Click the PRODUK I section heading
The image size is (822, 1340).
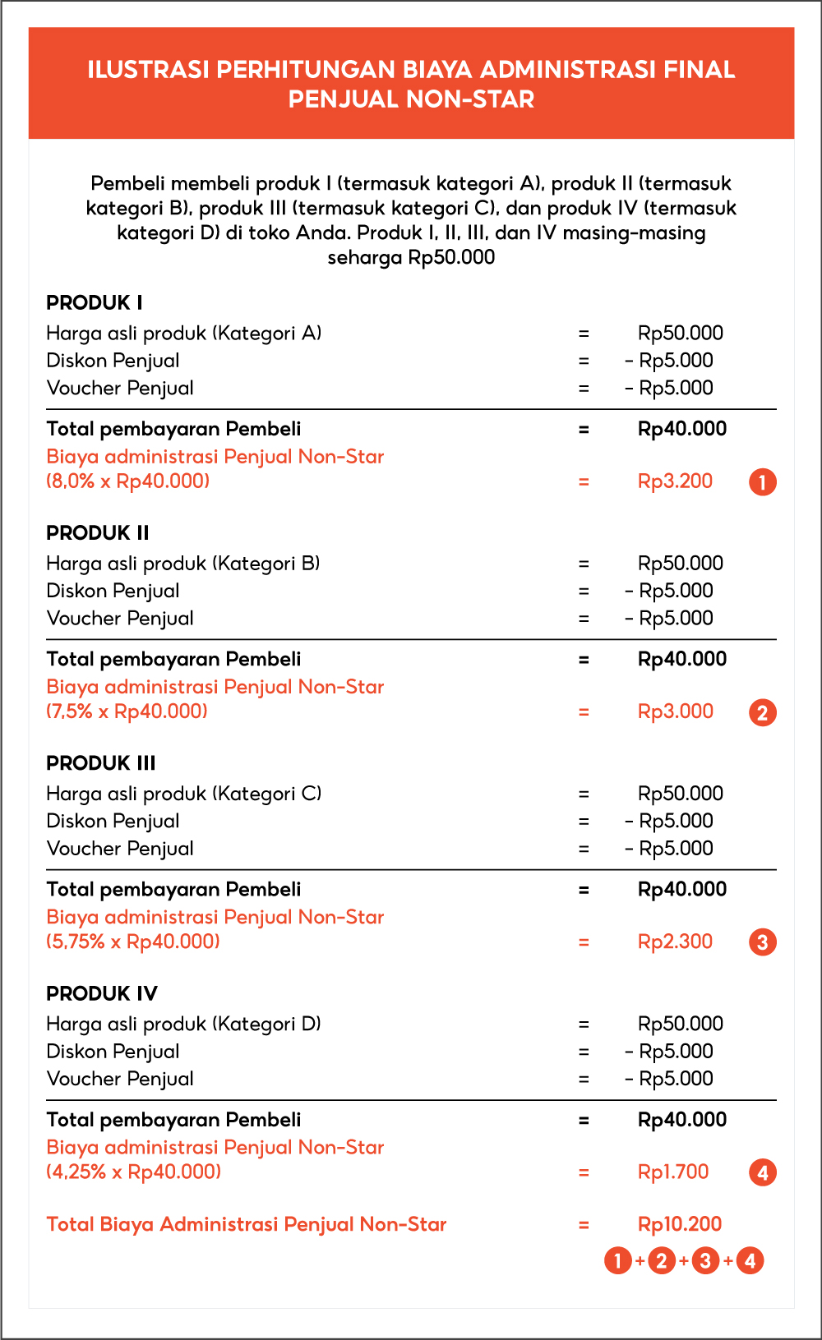click(x=95, y=302)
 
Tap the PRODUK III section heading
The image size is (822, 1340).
click(x=101, y=763)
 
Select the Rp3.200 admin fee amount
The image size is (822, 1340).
click(x=675, y=481)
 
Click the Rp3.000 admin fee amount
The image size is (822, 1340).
click(x=676, y=711)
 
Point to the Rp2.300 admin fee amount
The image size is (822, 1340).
click(x=675, y=942)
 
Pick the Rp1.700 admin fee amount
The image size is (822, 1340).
click(x=673, y=1172)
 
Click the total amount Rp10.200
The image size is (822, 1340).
click(x=680, y=1224)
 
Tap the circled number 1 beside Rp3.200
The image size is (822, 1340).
click(x=762, y=482)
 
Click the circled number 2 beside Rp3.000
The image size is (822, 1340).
click(x=762, y=712)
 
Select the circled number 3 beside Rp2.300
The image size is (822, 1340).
click(x=762, y=942)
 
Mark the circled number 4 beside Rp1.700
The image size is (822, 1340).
click(x=762, y=1172)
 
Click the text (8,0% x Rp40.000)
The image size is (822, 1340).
click(x=128, y=481)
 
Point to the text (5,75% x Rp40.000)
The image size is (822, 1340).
click(x=133, y=942)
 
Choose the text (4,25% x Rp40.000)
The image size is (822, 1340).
click(x=134, y=1172)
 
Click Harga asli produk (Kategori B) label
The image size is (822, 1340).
click(x=183, y=564)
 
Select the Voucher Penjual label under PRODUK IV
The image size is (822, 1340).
click(x=120, y=1079)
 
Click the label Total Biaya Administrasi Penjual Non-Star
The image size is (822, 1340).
click(x=247, y=1224)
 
